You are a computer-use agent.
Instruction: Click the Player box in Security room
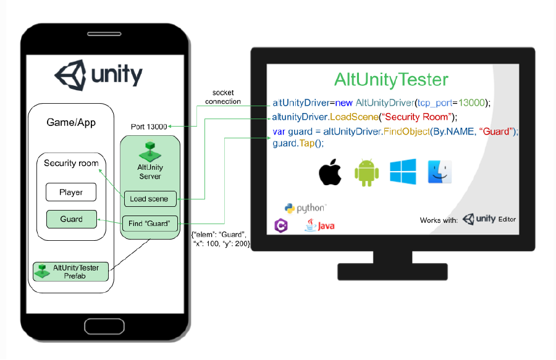click(x=71, y=192)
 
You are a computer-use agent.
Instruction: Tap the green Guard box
click(x=71, y=219)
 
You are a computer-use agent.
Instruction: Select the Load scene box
click(x=150, y=199)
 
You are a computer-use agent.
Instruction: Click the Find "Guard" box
click(x=150, y=224)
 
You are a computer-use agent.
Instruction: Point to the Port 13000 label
click(x=149, y=127)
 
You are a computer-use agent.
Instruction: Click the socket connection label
click(x=223, y=97)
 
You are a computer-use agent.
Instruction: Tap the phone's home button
click(x=104, y=326)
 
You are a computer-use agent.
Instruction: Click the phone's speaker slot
click(x=104, y=34)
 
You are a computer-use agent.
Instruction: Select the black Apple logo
click(x=330, y=172)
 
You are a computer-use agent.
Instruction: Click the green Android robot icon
click(x=366, y=172)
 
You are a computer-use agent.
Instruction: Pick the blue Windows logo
click(x=403, y=172)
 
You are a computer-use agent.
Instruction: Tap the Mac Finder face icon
click(x=440, y=172)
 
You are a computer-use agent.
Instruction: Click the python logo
click(x=305, y=208)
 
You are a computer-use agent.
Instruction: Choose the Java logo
click(x=319, y=225)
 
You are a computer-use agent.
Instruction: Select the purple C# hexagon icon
click(x=281, y=225)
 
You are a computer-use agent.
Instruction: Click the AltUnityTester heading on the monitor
click(x=391, y=80)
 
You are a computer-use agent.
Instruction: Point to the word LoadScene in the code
click(x=354, y=117)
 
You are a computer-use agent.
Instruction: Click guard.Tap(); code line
click(x=298, y=143)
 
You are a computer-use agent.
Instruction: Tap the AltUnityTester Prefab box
click(x=71, y=272)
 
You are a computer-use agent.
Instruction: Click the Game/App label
click(x=71, y=123)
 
